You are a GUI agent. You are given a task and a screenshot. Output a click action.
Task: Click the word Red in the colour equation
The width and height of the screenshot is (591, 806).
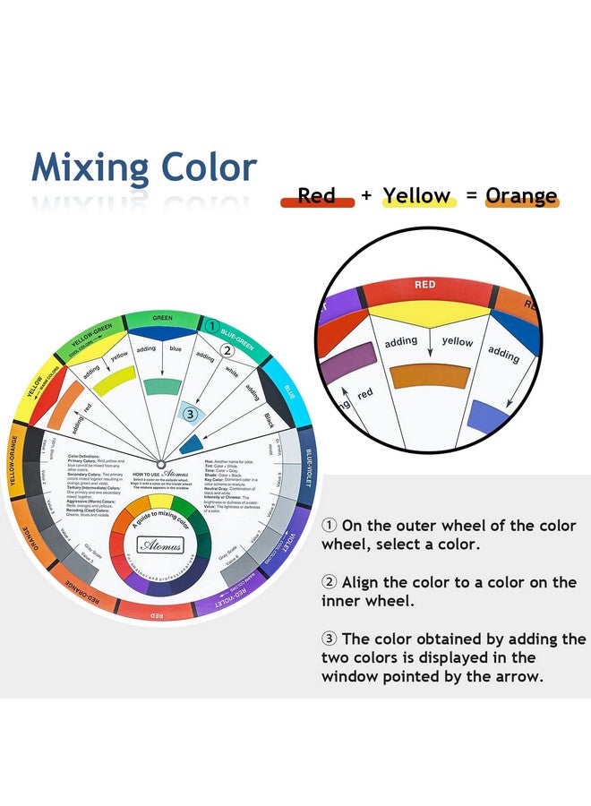[316, 194]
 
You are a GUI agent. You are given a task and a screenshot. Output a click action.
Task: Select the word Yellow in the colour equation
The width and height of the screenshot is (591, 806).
[416, 194]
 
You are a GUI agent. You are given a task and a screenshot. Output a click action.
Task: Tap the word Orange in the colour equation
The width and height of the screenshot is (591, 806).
[521, 194]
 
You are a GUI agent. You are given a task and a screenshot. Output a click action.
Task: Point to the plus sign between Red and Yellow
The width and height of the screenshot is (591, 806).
[365, 195]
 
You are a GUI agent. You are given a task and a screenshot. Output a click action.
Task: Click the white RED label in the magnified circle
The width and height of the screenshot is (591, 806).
[424, 285]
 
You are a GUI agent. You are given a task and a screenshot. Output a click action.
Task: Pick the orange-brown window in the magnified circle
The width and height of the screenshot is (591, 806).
[431, 375]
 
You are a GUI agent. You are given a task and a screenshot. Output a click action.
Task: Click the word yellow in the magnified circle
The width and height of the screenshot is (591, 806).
[458, 341]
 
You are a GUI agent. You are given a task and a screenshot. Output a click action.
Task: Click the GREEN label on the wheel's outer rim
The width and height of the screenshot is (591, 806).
[162, 317]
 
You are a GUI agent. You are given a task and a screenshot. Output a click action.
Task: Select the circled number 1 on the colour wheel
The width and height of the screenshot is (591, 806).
[212, 326]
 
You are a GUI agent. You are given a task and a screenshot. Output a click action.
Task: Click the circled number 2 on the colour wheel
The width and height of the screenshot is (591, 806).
[227, 351]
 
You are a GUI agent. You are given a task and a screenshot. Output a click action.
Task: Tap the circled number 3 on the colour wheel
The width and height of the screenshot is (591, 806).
[188, 413]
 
